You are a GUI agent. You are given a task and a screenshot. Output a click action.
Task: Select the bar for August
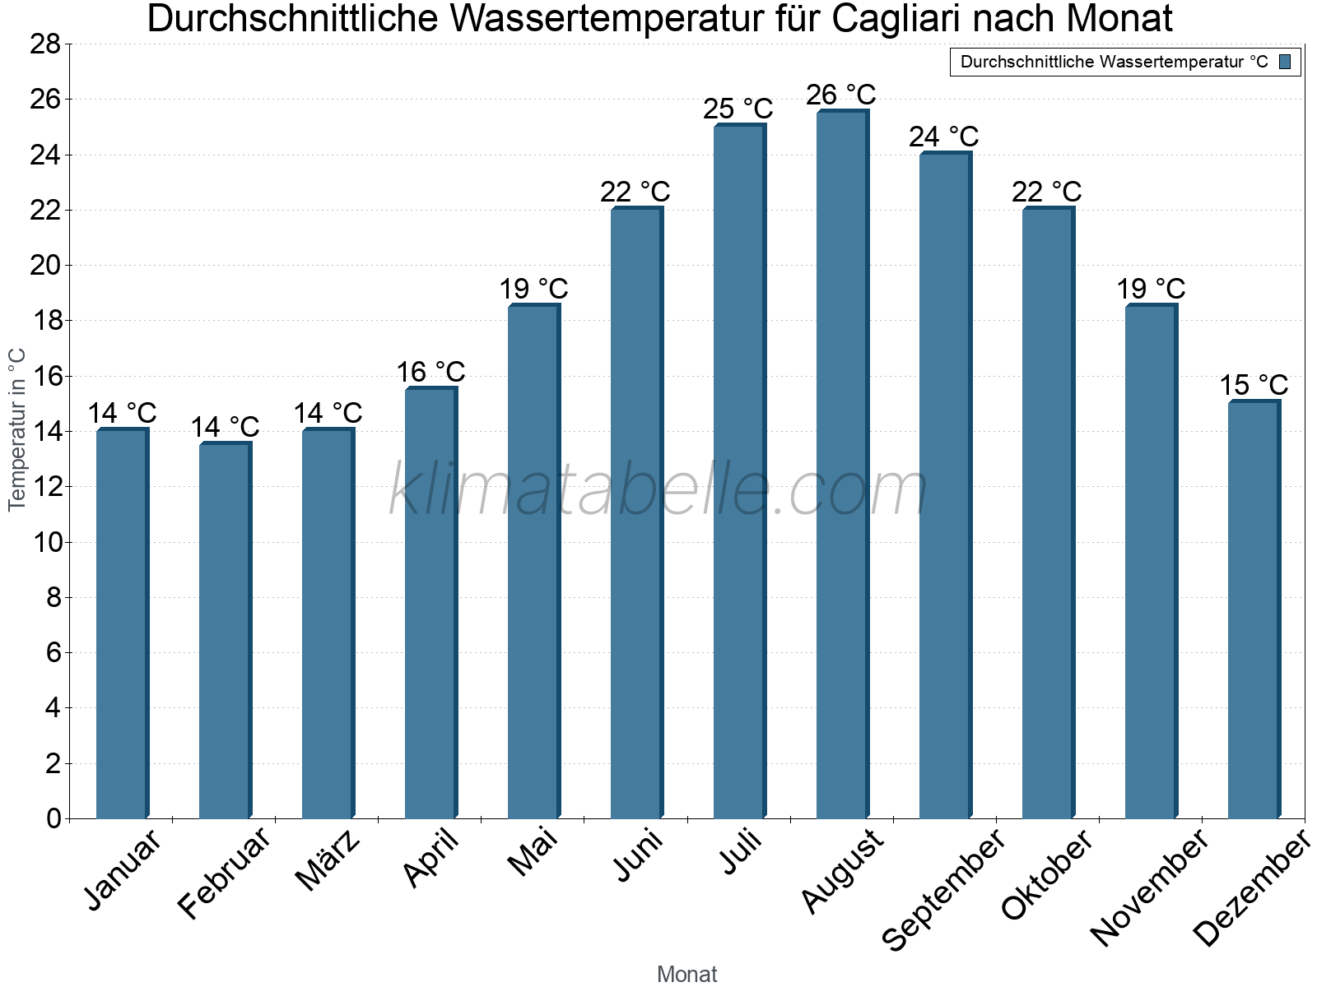point(842,465)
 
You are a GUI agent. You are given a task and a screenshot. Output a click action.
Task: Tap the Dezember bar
point(1254,609)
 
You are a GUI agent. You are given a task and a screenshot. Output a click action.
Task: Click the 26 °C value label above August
point(840,95)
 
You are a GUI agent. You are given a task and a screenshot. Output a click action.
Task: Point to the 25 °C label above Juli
point(738,109)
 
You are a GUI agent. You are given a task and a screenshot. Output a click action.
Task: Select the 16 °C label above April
point(430,373)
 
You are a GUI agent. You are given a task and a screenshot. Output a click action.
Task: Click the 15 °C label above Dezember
point(1253,385)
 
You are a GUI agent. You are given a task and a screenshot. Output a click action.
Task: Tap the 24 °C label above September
point(943,137)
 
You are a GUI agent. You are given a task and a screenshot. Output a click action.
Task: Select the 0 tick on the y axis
point(54,818)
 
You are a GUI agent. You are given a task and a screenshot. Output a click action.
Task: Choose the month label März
point(328,861)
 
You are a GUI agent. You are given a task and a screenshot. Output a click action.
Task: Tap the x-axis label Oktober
point(1047,875)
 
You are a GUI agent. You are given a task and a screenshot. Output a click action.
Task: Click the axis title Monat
point(686,975)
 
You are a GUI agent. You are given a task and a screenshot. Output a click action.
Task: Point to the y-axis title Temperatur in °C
point(17,429)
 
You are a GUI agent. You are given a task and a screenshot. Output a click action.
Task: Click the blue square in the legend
point(1285,62)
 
